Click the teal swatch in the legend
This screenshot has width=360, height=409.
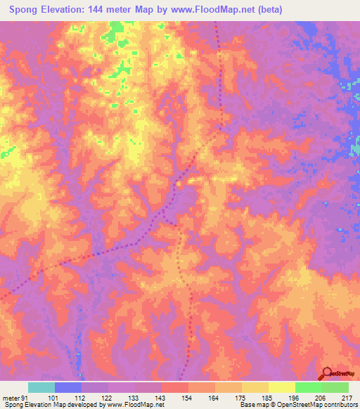41,387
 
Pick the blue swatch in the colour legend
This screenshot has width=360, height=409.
68,387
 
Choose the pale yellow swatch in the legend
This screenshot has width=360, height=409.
281,387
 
